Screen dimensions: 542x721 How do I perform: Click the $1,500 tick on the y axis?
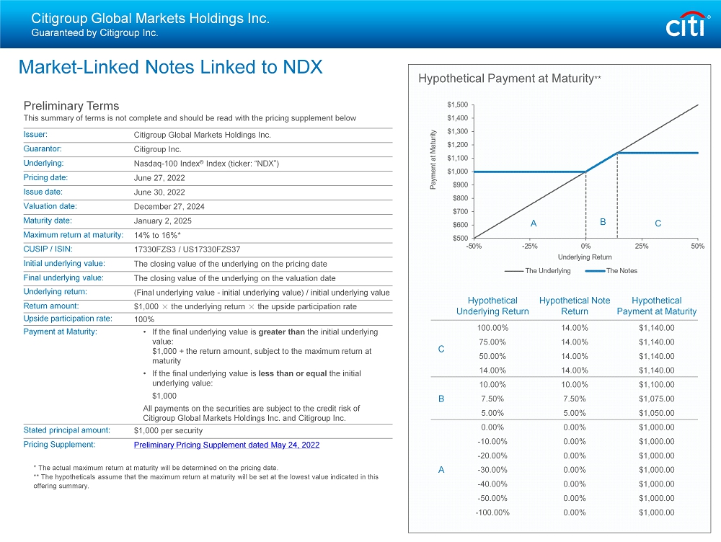click(456, 105)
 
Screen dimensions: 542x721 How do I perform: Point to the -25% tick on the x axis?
click(529, 246)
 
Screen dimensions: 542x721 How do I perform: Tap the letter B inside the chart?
click(602, 222)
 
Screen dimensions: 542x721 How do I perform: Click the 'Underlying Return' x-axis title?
click(584, 257)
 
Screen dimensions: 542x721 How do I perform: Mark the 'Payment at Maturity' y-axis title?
click(433, 160)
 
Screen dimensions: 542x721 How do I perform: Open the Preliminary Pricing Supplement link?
click(226, 445)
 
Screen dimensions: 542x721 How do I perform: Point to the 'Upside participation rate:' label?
click(67, 318)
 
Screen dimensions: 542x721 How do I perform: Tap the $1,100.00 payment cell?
click(656, 385)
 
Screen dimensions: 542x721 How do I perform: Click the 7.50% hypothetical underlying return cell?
click(492, 399)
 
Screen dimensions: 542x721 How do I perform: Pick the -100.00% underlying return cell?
click(492, 513)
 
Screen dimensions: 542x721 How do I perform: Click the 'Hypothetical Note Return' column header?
click(574, 306)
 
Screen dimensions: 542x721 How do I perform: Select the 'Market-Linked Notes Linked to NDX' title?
click(170, 67)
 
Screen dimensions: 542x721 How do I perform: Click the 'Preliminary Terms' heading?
click(71, 106)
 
